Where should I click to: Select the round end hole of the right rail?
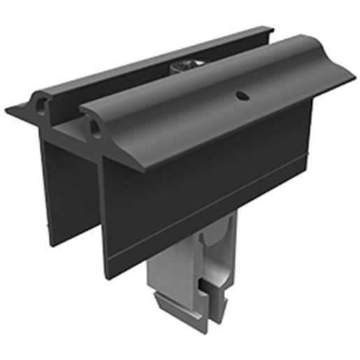93,124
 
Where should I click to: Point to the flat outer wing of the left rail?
20,111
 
